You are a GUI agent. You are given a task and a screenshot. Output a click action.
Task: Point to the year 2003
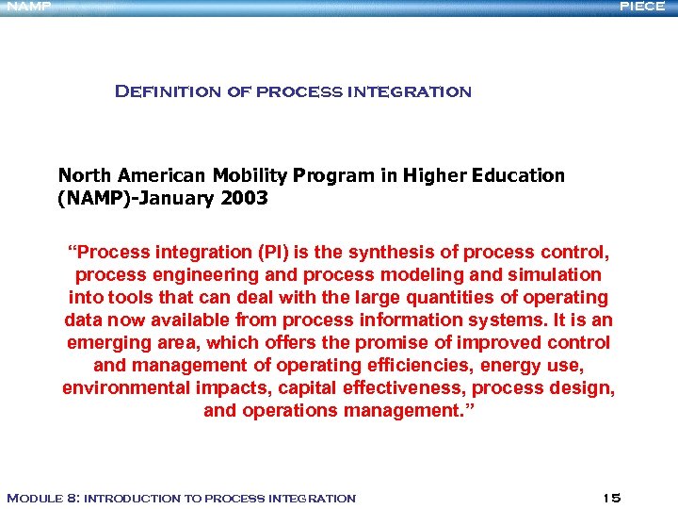coord(243,198)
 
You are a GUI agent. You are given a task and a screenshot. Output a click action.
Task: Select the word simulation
coord(556,274)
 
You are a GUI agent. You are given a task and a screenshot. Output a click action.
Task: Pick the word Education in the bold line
coord(519,175)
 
